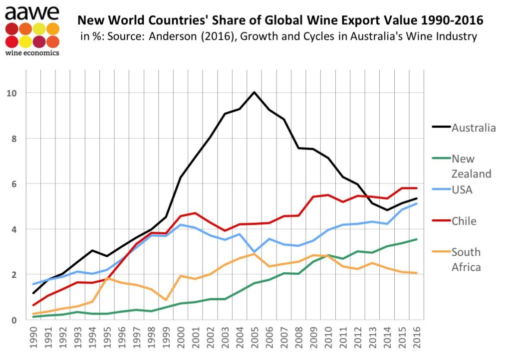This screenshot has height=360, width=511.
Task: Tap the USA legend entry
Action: point(462,190)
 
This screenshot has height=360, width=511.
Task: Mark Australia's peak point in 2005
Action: point(255,92)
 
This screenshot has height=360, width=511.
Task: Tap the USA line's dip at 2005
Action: point(255,252)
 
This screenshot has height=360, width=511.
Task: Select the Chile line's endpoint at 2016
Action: point(417,188)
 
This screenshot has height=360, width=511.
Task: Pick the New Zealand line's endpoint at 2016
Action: point(417,239)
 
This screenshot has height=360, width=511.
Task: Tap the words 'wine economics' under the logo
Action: point(31,52)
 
